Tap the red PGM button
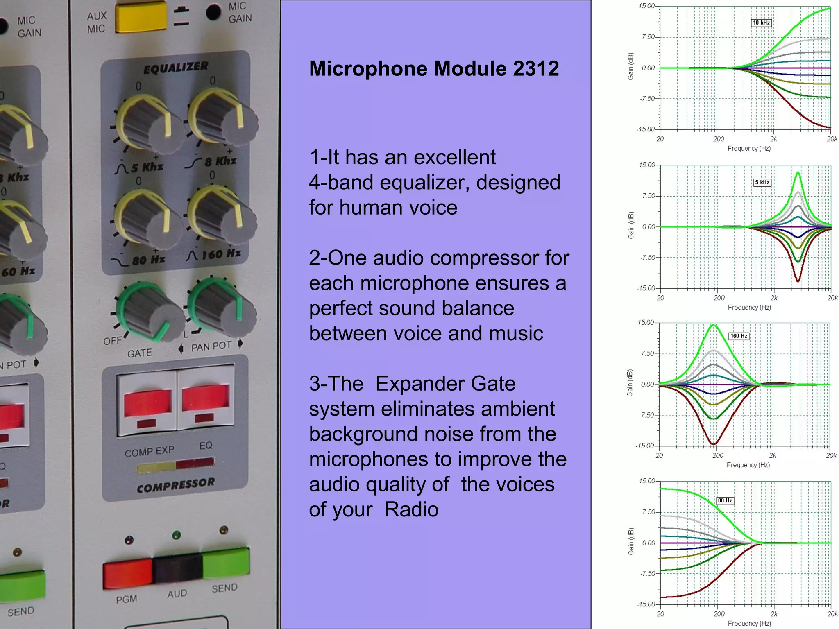127,573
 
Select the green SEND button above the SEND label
225,563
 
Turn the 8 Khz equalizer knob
221,117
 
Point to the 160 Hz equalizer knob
220,213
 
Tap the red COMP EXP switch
147,403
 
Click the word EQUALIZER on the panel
176,68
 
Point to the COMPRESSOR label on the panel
176,486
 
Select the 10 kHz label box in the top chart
761,23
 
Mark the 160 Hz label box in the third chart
739,336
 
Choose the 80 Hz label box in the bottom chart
725,500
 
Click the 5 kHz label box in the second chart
762,183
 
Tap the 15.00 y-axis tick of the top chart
647,6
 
